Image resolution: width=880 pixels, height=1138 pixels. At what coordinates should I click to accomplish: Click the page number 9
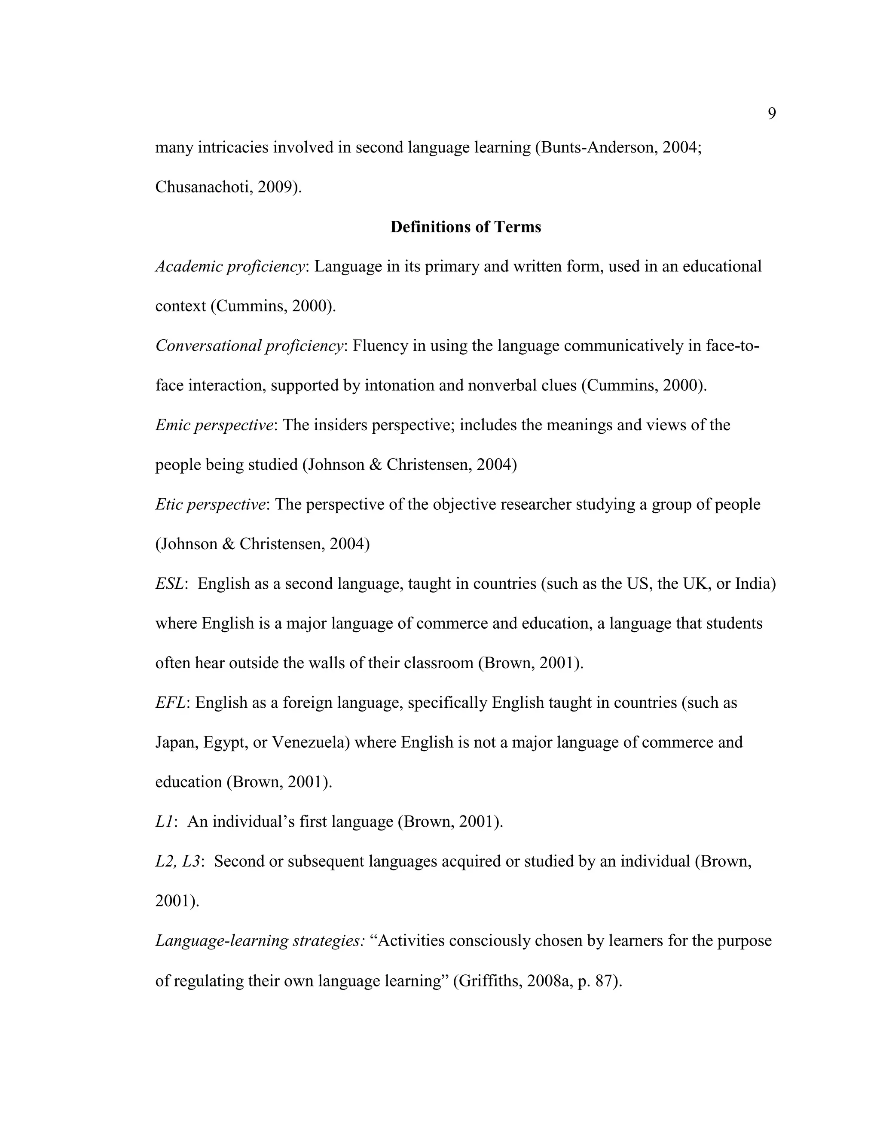(772, 114)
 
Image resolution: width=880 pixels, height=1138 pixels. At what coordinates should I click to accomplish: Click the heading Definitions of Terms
(465, 227)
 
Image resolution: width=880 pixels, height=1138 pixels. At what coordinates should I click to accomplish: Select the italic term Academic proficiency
(230, 266)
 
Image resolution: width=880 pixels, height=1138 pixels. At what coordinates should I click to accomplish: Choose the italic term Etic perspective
(210, 505)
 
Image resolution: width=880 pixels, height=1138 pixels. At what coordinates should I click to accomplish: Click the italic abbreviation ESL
(169, 584)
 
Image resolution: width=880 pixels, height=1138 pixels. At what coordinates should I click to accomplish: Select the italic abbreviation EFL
(170, 703)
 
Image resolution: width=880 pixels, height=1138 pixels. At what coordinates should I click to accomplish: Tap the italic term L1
(164, 822)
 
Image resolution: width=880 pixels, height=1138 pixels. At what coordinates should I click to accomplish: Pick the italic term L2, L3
(177, 861)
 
